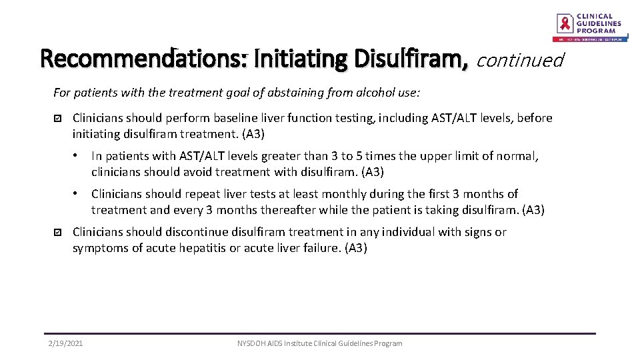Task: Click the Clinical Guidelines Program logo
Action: click(x=591, y=26)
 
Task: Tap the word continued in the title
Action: click(x=520, y=61)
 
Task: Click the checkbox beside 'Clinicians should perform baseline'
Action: click(x=57, y=119)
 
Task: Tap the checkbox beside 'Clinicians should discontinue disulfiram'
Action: click(x=57, y=233)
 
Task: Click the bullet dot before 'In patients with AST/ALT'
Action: click(x=77, y=156)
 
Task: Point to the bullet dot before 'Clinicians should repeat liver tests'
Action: click(x=77, y=194)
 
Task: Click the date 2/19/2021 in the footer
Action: click(x=65, y=343)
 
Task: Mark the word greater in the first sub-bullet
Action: click(x=279, y=156)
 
